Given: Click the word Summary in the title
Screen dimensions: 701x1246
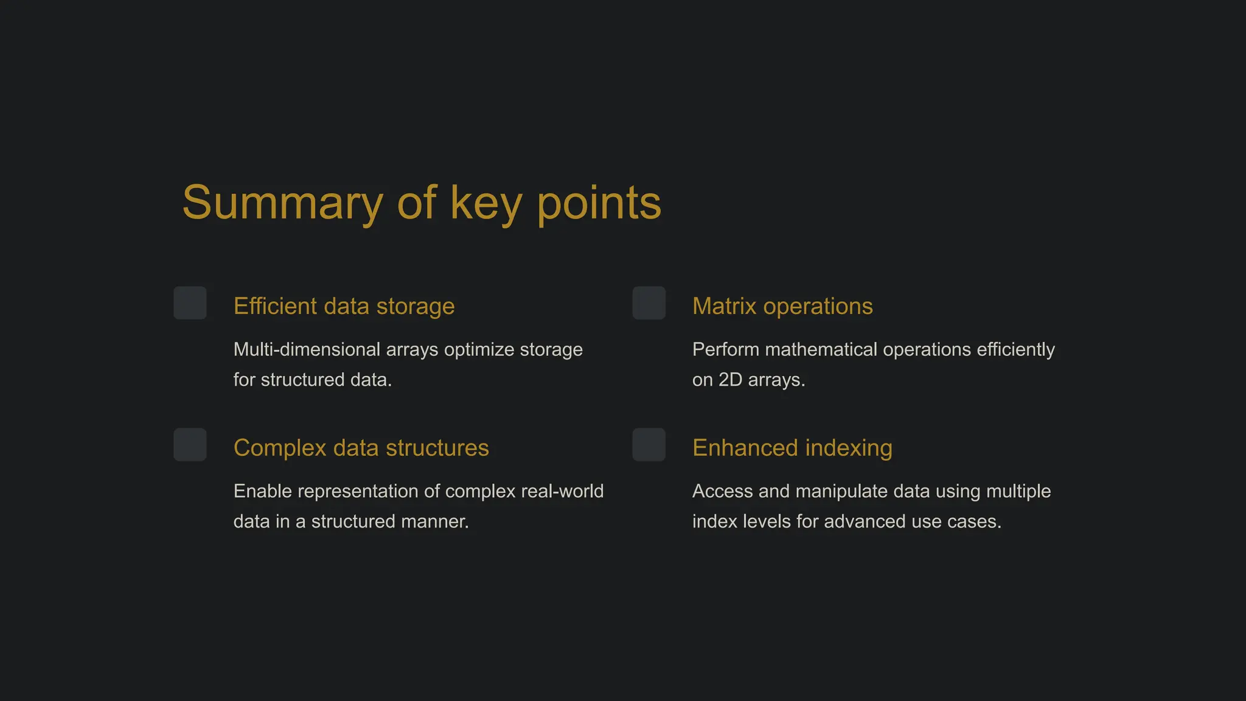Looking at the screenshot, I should (282, 203).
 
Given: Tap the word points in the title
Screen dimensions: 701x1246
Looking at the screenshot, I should (599, 203).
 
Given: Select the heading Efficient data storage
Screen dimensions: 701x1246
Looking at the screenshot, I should (344, 306).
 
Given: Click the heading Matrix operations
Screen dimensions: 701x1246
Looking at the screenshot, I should (782, 306).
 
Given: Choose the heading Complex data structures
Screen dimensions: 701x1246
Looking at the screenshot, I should (361, 448).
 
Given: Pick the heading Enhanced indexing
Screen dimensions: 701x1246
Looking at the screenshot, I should (792, 448).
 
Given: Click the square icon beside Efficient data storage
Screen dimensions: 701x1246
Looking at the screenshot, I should (190, 303).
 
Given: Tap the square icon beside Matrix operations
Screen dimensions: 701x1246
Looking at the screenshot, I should (649, 303).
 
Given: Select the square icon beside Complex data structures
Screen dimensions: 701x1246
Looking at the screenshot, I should (190, 445).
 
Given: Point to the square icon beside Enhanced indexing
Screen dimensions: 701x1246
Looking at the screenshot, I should (649, 445).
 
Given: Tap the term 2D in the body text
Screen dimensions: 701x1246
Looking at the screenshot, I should (730, 380).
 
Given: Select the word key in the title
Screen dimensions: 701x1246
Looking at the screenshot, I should (486, 203).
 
